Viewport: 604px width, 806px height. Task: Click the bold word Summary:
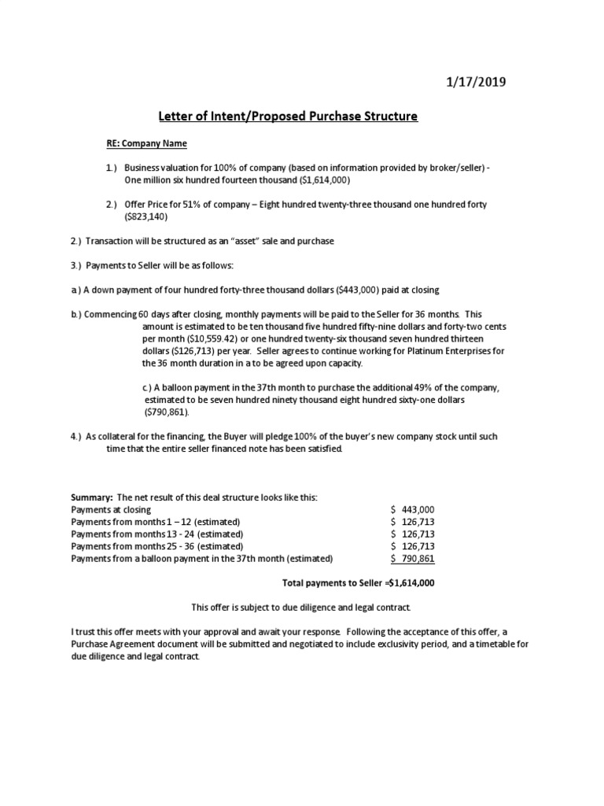click(92, 498)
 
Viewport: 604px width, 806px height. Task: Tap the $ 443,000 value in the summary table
click(412, 510)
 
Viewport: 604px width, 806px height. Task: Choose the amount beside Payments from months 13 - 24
click(412, 534)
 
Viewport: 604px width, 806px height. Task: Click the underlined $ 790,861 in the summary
click(412, 558)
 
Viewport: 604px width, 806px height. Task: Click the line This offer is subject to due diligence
click(301, 608)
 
